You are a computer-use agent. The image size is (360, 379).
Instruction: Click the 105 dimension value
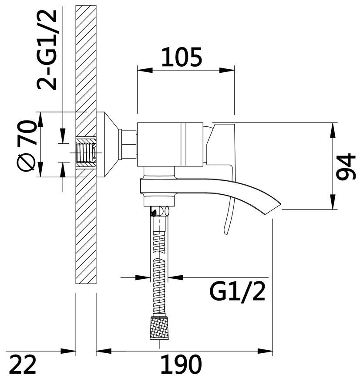point(182,57)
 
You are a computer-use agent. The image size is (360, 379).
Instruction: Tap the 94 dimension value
point(346,166)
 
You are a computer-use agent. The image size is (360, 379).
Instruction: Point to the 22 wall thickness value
point(24,364)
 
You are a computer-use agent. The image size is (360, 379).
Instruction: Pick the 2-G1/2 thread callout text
point(47,50)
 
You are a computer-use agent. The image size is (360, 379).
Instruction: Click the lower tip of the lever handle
point(225,233)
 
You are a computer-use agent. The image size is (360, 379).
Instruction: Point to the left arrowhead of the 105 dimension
point(145,70)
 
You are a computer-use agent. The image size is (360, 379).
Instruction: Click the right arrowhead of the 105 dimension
point(227,70)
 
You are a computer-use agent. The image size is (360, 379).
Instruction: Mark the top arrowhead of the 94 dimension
point(333,131)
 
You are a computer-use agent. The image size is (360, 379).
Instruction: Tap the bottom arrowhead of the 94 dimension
point(333,202)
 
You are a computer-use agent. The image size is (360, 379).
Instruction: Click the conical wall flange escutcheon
point(108,145)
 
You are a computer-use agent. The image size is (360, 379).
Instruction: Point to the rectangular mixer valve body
point(170,145)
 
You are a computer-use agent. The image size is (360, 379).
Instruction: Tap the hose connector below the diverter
point(159,211)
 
